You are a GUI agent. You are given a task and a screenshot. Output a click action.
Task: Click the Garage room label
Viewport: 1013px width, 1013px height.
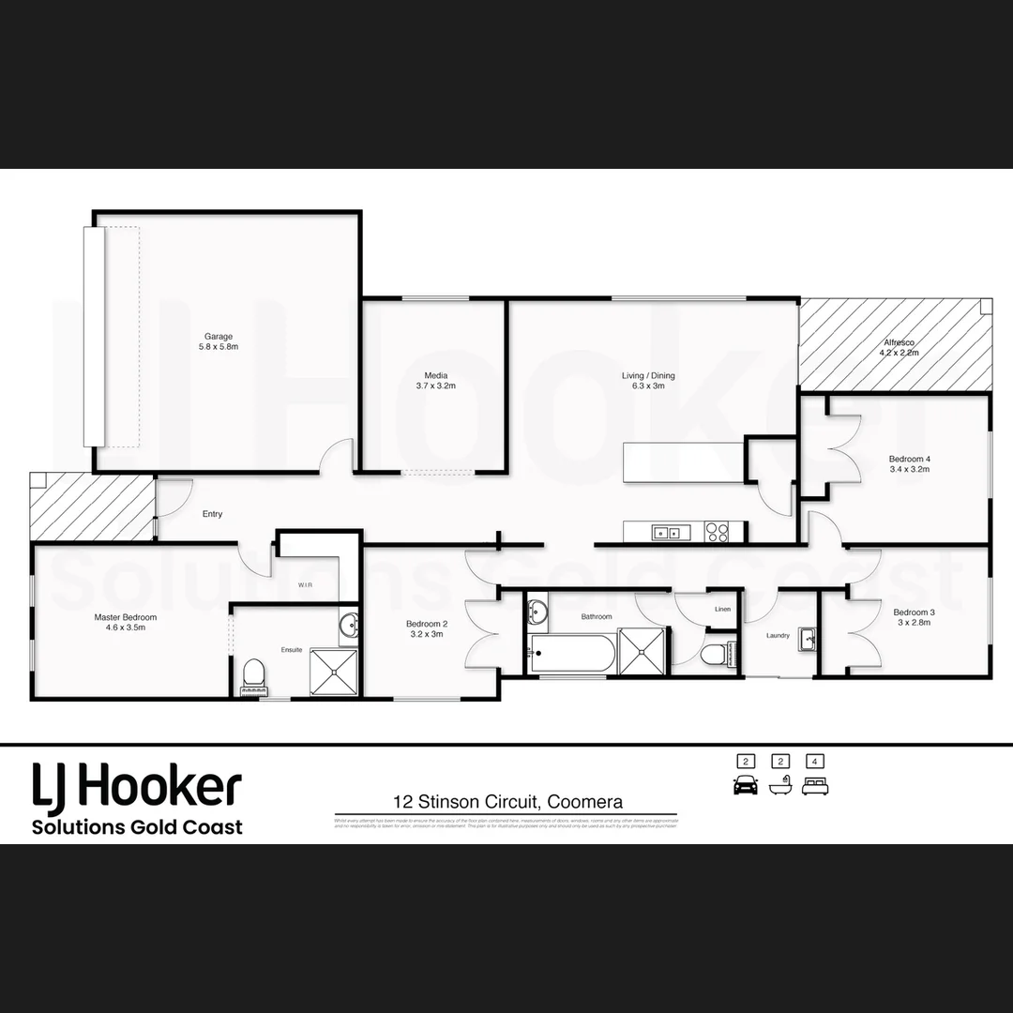219,337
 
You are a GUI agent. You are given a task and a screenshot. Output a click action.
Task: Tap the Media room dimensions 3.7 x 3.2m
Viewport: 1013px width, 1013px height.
435,386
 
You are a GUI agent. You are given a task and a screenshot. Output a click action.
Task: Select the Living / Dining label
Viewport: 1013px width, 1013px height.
648,376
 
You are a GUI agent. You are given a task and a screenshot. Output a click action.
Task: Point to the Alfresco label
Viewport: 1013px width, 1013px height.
900,343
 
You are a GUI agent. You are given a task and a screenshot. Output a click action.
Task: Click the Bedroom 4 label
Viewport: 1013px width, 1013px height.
909,459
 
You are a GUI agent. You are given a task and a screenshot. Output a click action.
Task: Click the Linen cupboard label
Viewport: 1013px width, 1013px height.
722,610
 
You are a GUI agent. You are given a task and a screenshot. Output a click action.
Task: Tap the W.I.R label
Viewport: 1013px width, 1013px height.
305,584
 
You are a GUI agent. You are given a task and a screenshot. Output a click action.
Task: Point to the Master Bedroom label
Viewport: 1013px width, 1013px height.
126,617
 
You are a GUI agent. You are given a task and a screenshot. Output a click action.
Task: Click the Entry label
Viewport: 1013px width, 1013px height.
213,514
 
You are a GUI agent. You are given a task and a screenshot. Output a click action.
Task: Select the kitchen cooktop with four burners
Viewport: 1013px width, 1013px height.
717,532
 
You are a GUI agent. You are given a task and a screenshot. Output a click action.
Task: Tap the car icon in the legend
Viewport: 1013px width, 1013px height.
746,786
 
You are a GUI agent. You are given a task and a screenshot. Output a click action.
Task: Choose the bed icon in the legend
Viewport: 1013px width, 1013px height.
815,786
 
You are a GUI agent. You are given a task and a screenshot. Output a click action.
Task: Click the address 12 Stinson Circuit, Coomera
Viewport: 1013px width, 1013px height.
507,802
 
